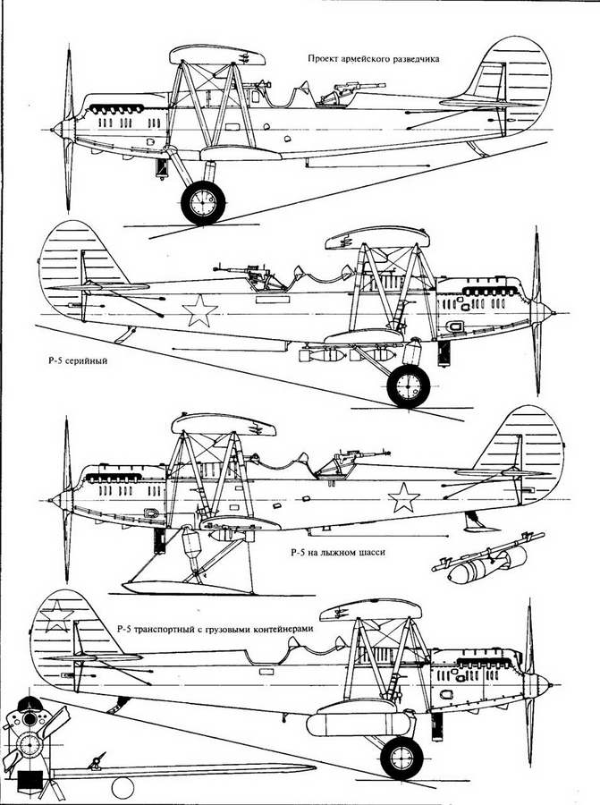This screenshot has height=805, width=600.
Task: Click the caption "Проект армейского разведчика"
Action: [373, 58]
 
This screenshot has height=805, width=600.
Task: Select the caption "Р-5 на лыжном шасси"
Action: [337, 553]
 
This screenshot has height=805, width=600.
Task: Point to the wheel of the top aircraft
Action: [203, 203]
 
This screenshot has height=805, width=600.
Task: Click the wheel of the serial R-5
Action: [409, 386]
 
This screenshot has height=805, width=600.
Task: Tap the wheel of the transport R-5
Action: [401, 758]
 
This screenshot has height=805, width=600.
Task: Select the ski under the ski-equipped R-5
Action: [188, 587]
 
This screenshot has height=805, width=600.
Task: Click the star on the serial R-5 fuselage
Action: [199, 310]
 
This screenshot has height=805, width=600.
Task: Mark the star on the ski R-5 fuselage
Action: [403, 497]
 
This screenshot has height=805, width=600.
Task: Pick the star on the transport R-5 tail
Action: [56, 616]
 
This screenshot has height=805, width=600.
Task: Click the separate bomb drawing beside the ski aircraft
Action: [483, 560]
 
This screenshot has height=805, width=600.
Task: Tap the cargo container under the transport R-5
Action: [359, 724]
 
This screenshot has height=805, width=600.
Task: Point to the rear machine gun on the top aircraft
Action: [350, 91]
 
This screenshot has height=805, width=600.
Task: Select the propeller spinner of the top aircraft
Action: [62, 128]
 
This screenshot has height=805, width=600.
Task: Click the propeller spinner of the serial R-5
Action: [543, 311]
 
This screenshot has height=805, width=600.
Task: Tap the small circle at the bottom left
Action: [123, 788]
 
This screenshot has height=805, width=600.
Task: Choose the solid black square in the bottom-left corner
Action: [30, 784]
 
